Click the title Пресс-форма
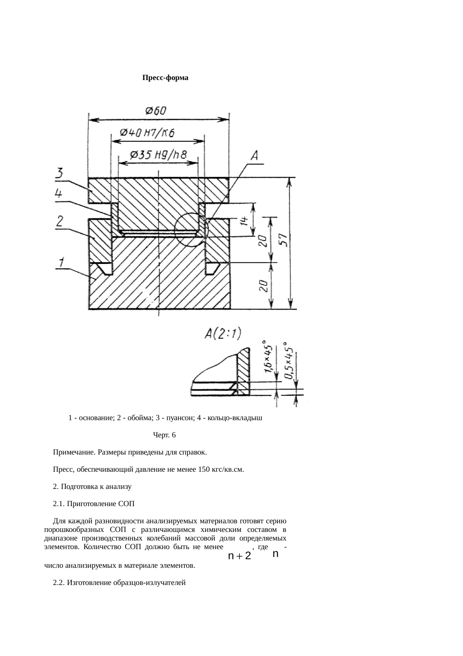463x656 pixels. coord(165,78)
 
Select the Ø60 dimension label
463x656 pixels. coord(156,111)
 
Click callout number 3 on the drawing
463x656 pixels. coord(59,173)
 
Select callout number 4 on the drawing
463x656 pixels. coord(59,194)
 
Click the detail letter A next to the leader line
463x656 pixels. coord(255,156)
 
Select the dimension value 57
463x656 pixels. coord(284,240)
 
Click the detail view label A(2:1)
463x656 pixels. coord(223,333)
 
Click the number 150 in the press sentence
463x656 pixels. coord(204,469)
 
